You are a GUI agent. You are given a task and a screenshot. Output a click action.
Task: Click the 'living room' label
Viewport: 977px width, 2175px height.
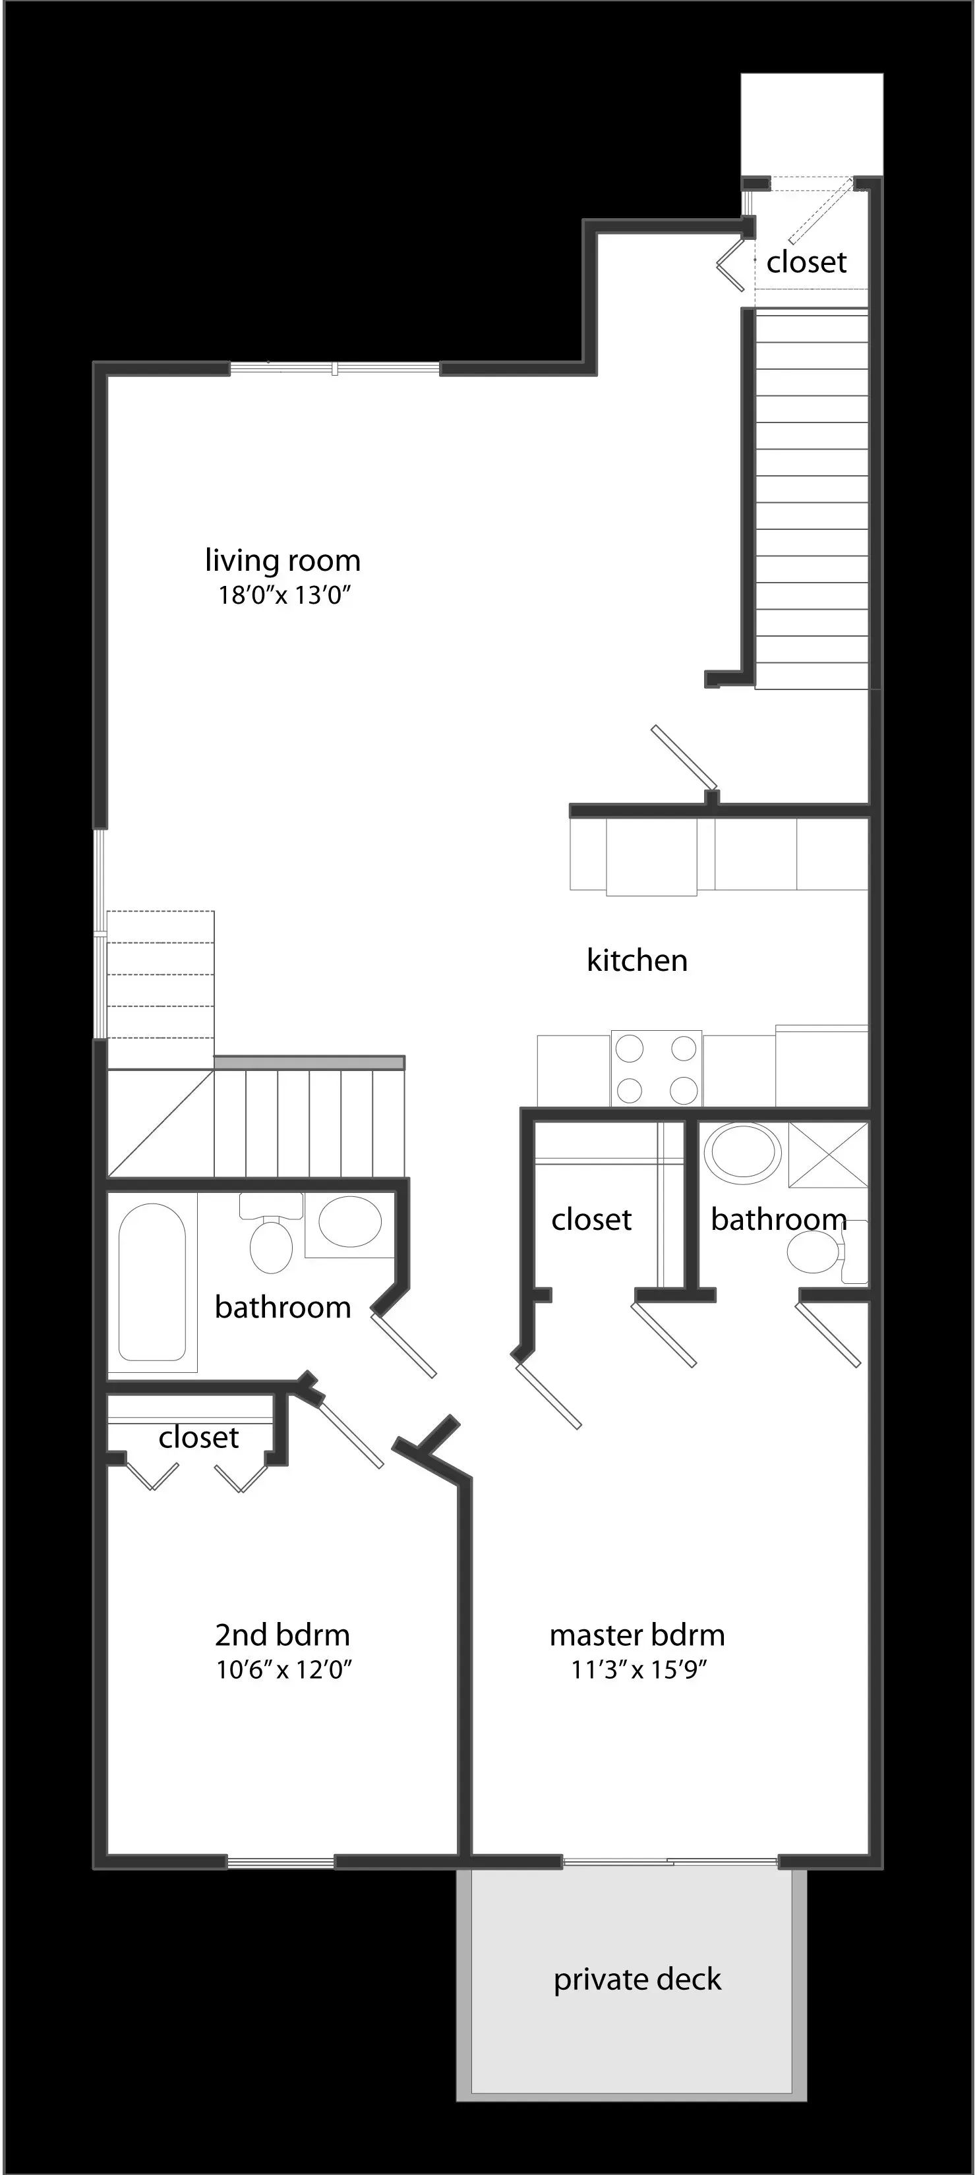point(282,561)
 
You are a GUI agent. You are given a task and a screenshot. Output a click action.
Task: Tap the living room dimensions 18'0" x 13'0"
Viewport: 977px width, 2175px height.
point(283,595)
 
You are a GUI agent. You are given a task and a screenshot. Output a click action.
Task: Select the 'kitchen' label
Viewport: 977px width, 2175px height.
point(637,960)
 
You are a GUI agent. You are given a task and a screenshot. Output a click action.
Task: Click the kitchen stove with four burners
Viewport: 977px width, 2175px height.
point(656,1068)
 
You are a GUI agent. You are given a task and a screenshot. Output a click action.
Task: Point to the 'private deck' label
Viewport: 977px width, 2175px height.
point(637,1979)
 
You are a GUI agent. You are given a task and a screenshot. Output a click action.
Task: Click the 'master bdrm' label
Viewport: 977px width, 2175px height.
point(637,1635)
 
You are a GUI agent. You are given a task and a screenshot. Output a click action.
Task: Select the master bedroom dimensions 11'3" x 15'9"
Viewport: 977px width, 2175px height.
point(638,1669)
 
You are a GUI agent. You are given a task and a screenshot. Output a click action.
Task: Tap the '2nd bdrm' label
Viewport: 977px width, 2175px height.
point(282,1635)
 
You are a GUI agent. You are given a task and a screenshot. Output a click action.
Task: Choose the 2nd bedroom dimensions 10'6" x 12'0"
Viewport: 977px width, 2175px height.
point(283,1669)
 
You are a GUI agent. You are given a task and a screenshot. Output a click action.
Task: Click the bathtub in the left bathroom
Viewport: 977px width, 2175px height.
point(152,1282)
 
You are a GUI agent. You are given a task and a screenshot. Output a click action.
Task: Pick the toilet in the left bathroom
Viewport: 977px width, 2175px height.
point(270,1241)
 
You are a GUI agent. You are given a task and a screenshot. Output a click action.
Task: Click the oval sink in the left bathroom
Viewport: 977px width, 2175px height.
point(349,1222)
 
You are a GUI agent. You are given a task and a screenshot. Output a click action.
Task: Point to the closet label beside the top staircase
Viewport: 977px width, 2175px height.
point(806,262)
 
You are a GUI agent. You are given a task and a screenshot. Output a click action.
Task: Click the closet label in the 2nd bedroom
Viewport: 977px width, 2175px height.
point(198,1437)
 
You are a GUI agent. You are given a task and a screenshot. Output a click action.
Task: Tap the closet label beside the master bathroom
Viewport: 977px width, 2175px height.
point(591,1219)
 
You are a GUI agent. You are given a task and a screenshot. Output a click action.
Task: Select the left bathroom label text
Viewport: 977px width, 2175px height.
point(282,1307)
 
